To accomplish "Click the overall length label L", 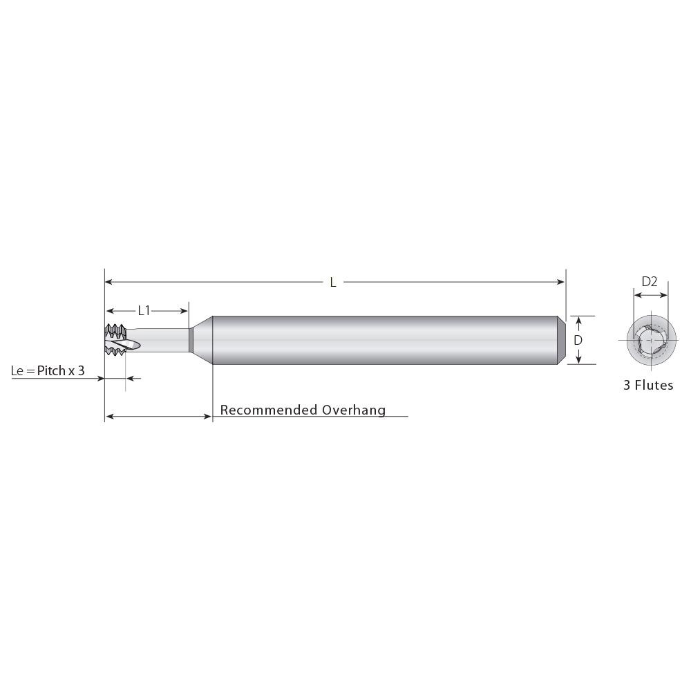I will (333, 282).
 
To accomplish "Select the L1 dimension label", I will (144, 311).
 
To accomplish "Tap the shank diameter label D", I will (578, 340).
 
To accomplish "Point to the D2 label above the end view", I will (650, 281).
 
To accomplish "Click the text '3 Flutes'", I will (648, 386).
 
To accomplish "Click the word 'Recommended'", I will (269, 410).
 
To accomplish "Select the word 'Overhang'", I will (354, 410).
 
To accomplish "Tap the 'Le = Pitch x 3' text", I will (48, 371).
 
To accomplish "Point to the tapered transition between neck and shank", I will (202, 339).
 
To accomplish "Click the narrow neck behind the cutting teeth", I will (166, 339).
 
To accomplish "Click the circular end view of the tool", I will (650, 340).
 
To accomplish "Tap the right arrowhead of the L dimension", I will (562, 282).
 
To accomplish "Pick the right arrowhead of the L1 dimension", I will (185, 311).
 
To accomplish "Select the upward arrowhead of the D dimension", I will (578, 320).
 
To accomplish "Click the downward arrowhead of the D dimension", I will (578, 359).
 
